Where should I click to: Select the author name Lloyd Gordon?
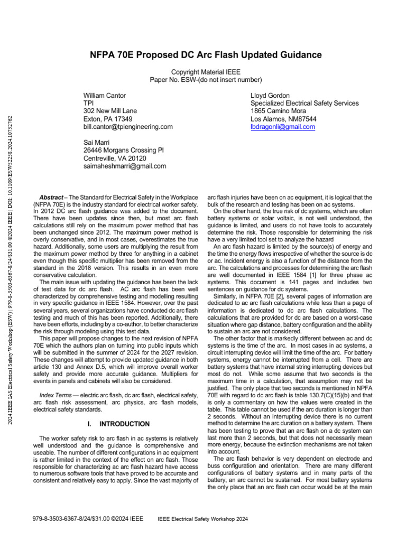pyautogui.click(x=270, y=96)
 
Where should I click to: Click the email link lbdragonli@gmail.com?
pyautogui.click(x=282, y=127)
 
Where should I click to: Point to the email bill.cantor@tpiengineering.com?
pyautogui.click(x=128, y=127)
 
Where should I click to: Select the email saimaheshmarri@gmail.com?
pyautogui.click(x=124, y=166)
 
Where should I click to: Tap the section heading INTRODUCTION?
pyautogui.click(x=124, y=424)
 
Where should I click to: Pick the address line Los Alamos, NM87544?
pyautogui.click(x=283, y=119)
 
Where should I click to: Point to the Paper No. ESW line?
pyautogui.click(x=206, y=80)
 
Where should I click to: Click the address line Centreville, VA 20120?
pyautogui.click(x=115, y=158)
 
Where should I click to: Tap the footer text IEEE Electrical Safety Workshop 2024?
pyautogui.click(x=203, y=519)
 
